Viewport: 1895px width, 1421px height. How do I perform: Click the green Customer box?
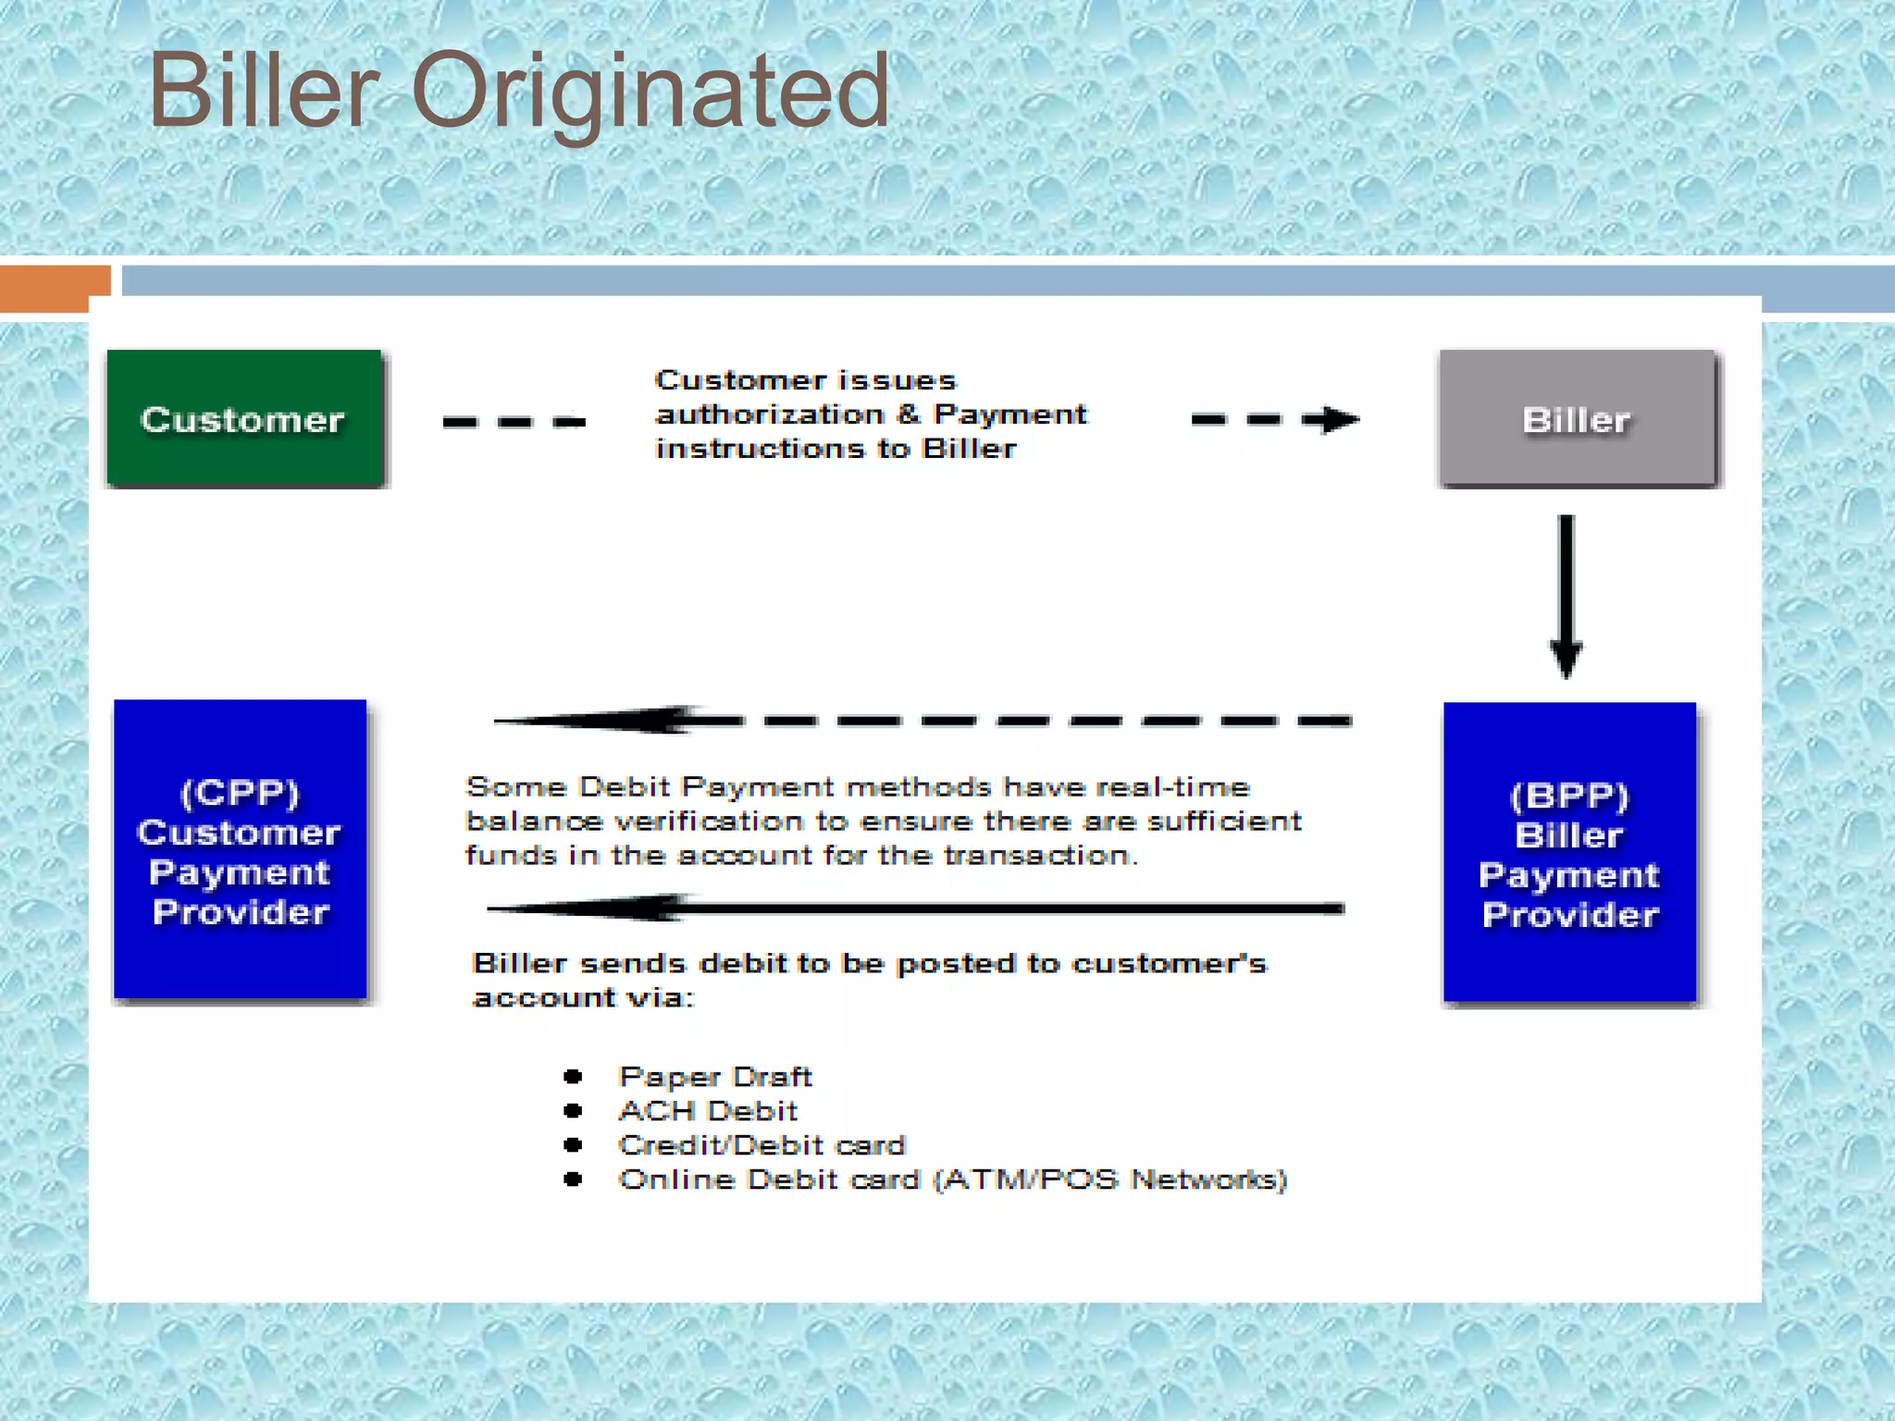[x=244, y=418]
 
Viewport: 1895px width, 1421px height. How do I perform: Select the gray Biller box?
[x=1577, y=418]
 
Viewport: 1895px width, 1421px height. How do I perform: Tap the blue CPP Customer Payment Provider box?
[x=240, y=849]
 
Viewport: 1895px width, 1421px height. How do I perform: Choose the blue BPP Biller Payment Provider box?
[x=1569, y=852]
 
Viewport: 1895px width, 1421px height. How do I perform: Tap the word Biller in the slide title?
[x=264, y=91]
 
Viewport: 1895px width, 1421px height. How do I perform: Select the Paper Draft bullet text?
[x=714, y=1077]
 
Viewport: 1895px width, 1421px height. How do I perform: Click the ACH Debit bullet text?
[x=708, y=1111]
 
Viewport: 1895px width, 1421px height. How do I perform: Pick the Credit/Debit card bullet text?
[x=761, y=1145]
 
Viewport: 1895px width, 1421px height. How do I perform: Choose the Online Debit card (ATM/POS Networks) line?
[x=952, y=1180]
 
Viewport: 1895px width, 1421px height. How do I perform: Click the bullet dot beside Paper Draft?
[x=573, y=1076]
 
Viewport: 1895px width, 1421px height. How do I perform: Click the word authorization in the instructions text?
[x=770, y=414]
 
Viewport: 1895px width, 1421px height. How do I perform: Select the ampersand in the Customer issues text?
[x=910, y=414]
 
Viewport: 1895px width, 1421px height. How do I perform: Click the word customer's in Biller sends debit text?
[x=1169, y=964]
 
